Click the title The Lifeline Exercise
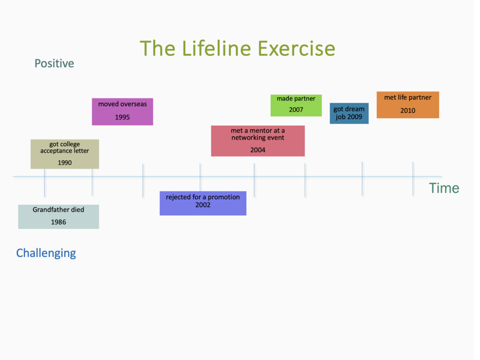237,49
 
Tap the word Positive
54,63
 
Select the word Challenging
46,253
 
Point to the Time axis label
443,188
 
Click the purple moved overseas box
122,111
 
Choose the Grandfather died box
59,217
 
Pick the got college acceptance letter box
65,154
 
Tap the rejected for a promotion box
202,203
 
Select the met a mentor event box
258,141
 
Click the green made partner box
296,105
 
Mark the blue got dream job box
349,113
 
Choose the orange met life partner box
408,105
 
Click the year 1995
122,117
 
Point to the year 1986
59,222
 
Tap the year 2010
408,111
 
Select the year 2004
258,150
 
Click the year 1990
65,163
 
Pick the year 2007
296,110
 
